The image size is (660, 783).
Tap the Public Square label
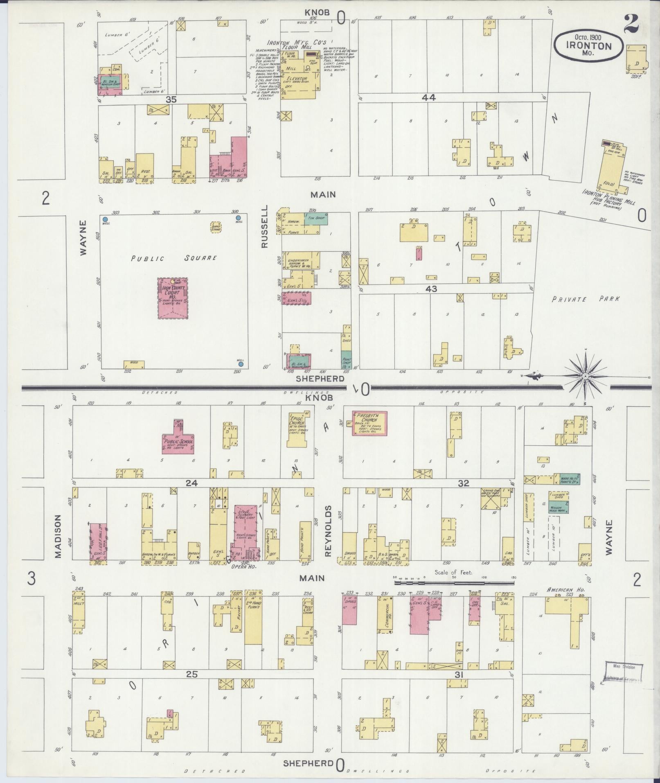[x=174, y=258]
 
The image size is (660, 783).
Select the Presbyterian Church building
[x=369, y=423]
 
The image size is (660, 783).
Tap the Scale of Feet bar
[x=454, y=582]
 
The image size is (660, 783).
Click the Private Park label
[x=586, y=299]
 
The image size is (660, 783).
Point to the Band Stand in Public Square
[x=216, y=226]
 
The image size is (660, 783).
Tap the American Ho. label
[x=566, y=590]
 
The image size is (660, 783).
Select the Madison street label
[x=58, y=536]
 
